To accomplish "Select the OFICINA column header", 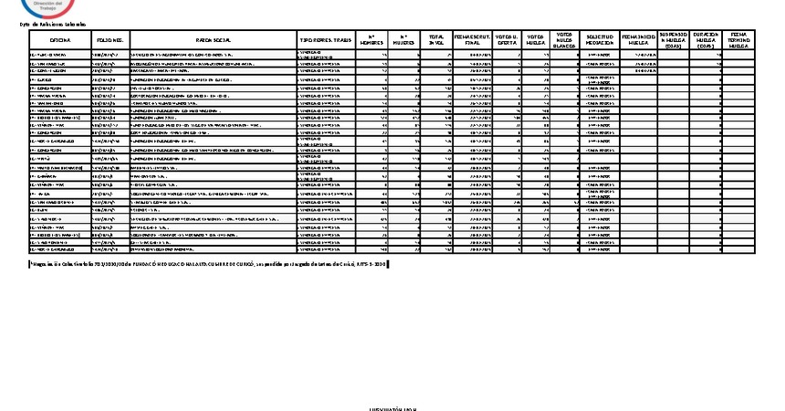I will [x=60, y=41].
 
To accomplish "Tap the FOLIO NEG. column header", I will [x=111, y=41].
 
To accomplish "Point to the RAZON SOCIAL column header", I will [x=215, y=41].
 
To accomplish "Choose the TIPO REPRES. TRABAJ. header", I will [x=325, y=41].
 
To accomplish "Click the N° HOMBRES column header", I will [x=372, y=41].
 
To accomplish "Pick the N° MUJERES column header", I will [x=404, y=41].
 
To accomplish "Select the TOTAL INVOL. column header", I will [x=436, y=41].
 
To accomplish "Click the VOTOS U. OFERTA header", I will [x=508, y=41].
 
